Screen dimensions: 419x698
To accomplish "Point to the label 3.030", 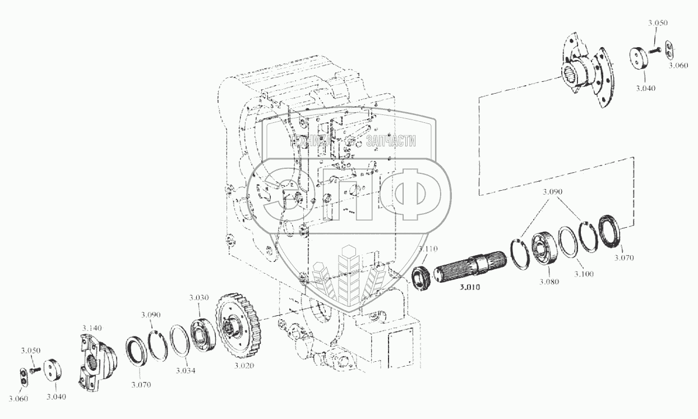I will click(199, 297).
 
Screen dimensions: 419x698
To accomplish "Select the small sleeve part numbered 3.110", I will click(422, 277).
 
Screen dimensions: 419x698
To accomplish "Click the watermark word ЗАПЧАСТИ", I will click(391, 141).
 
